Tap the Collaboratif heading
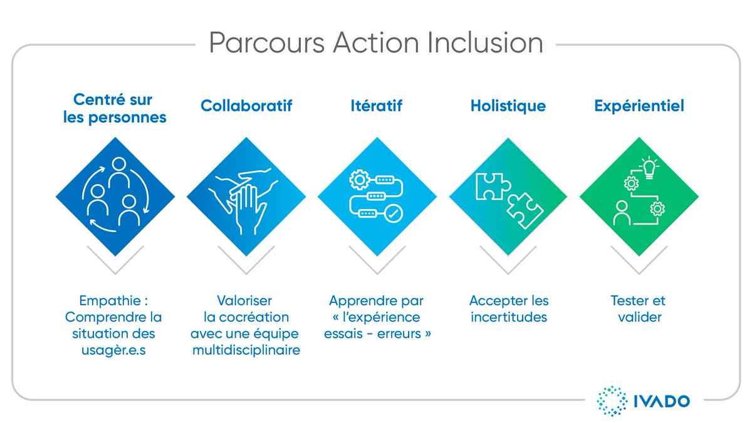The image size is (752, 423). (246, 106)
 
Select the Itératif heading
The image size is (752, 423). (377, 106)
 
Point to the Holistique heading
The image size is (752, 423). (508, 106)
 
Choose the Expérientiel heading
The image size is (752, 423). (639, 106)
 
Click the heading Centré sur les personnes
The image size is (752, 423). (115, 108)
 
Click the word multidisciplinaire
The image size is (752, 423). (246, 350)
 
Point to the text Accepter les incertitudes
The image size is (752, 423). (508, 308)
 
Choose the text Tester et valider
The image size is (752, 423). (639, 308)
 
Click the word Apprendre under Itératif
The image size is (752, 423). (358, 300)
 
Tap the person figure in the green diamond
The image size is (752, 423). (622, 213)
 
